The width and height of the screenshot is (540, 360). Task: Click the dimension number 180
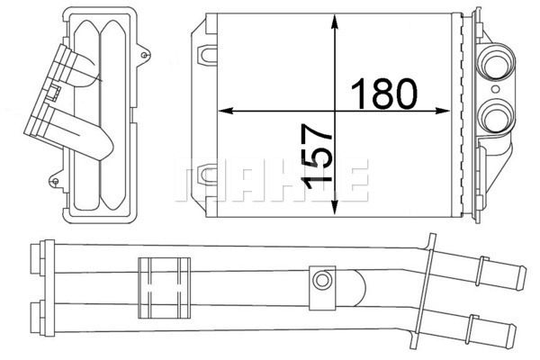[382, 91]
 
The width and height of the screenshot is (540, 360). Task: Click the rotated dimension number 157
[317, 157]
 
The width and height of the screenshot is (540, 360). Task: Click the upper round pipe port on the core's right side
[496, 67]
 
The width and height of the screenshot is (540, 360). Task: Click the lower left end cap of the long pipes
[38, 314]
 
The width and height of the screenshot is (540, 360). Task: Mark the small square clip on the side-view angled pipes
[54, 90]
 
